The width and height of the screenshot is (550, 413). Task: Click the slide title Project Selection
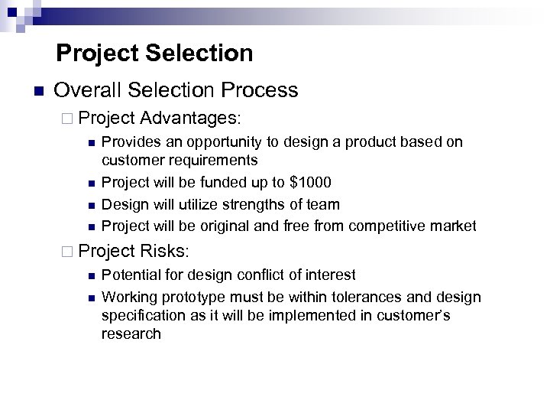click(x=154, y=53)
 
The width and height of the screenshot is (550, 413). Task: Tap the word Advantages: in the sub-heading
click(x=191, y=118)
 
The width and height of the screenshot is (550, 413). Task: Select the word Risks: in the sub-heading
click(x=167, y=250)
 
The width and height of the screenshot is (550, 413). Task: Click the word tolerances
click(x=341, y=297)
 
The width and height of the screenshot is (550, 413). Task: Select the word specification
click(x=141, y=316)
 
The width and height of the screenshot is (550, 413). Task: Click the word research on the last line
click(x=131, y=334)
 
